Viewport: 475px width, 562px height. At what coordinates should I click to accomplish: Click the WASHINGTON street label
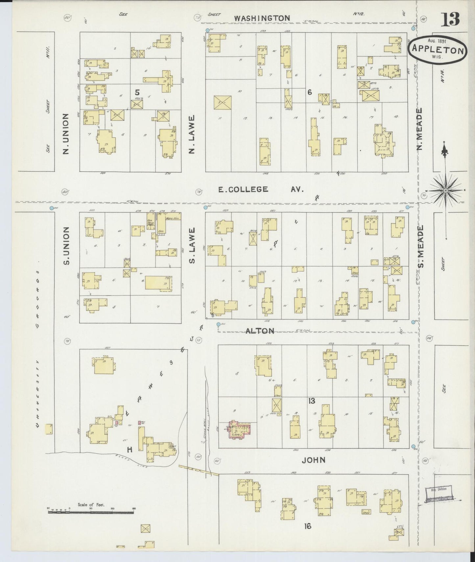pyautogui.click(x=262, y=18)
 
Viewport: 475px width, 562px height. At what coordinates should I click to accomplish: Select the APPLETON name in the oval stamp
pyautogui.click(x=437, y=51)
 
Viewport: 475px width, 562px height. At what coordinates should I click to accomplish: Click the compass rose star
pyautogui.click(x=445, y=190)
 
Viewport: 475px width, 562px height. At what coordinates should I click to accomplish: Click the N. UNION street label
pyautogui.click(x=66, y=134)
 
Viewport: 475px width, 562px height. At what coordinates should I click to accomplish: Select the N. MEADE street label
pyautogui.click(x=420, y=130)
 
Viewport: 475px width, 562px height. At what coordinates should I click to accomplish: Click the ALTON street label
pyautogui.click(x=260, y=331)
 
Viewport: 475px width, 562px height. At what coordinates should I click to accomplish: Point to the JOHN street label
pyautogui.click(x=313, y=460)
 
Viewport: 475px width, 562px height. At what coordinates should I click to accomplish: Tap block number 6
pyautogui.click(x=309, y=92)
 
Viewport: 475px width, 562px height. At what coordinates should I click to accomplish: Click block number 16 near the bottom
pyautogui.click(x=307, y=526)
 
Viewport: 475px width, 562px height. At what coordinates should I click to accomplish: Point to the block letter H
pyautogui.click(x=130, y=450)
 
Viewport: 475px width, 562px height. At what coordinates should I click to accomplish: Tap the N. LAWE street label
pyautogui.click(x=192, y=134)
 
